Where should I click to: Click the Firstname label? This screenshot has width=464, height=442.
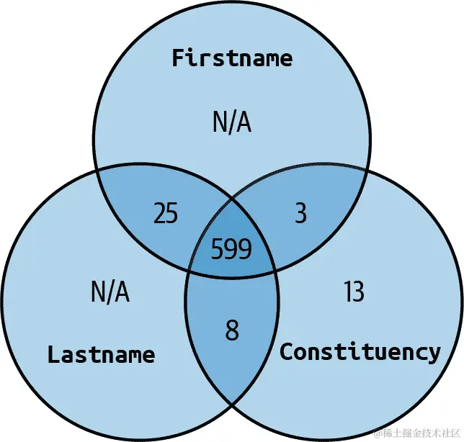point(232,58)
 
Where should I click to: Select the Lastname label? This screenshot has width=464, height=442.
point(101,354)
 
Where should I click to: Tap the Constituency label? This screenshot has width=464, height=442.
point(360,352)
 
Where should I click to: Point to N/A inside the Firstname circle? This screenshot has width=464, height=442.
point(232,122)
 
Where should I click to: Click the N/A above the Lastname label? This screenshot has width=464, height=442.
point(110,292)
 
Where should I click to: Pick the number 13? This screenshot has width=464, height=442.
point(354,292)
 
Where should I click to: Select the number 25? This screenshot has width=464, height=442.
point(166,214)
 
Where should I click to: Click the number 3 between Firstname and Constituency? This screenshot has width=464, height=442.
point(300,214)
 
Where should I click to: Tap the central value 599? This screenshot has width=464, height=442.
point(231,249)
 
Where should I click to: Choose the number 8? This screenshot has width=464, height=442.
point(231,331)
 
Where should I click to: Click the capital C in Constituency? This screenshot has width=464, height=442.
point(286,352)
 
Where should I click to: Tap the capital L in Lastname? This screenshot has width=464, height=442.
point(53,354)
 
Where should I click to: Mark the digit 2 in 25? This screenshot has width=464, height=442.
point(159,214)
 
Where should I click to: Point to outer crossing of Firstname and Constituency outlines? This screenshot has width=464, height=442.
point(368,171)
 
